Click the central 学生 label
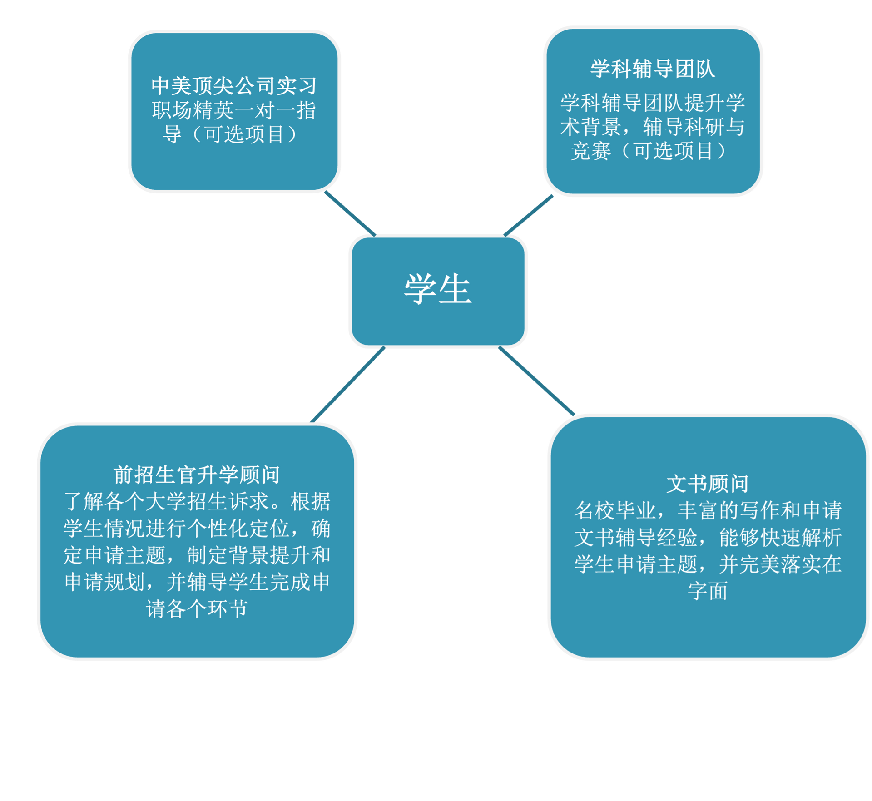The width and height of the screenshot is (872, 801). [438, 289]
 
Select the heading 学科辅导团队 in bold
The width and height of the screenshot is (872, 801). [653, 69]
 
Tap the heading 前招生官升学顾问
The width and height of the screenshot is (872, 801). [197, 475]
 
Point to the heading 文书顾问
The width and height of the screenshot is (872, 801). [707, 484]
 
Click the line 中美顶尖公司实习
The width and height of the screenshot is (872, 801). [234, 86]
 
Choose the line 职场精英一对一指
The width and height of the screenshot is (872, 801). [234, 110]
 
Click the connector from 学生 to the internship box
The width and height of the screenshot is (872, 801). [350, 213]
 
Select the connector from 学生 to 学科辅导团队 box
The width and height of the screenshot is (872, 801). [529, 214]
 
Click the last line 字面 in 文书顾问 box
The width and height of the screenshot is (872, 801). [707, 591]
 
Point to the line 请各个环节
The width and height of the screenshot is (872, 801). [197, 608]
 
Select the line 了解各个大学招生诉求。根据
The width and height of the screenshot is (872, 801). [197, 502]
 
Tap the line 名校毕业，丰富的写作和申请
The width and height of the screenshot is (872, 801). [707, 511]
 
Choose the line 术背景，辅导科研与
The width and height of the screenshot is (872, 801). [653, 127]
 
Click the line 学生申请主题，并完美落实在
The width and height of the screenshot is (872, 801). [707, 564]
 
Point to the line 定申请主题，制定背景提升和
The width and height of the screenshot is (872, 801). [197, 555]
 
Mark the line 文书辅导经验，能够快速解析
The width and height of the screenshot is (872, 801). [707, 538]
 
